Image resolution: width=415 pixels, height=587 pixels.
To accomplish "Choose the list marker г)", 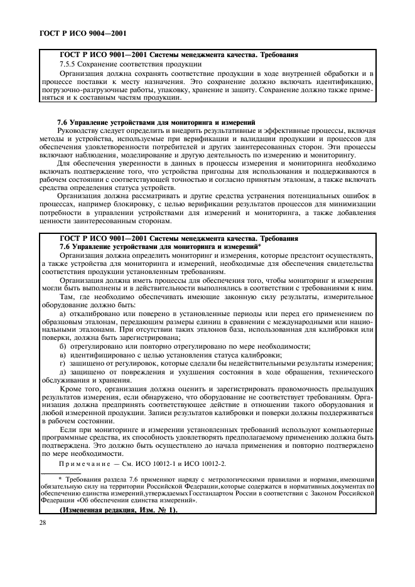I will pyautogui.click(x=62, y=363).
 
